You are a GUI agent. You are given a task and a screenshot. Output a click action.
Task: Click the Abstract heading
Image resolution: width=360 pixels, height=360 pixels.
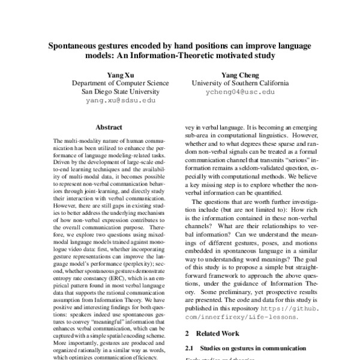109,127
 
